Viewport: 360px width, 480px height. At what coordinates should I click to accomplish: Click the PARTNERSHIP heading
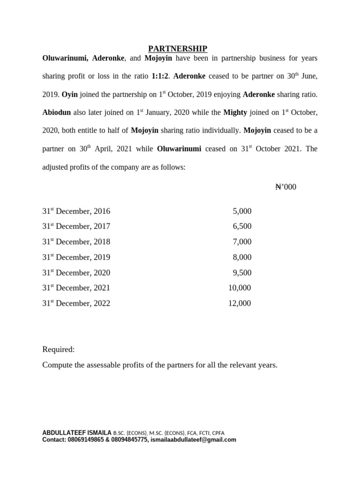[x=178, y=49]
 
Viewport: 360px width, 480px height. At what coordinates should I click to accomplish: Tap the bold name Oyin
[x=70, y=94]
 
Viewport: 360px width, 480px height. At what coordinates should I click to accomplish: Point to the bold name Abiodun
[x=58, y=112]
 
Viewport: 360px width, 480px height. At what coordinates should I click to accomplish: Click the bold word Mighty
[x=235, y=112]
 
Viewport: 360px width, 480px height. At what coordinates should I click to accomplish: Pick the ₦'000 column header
[x=285, y=187]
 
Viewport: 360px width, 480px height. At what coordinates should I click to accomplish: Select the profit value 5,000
[x=242, y=211]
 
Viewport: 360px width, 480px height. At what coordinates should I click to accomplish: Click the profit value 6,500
[x=242, y=226]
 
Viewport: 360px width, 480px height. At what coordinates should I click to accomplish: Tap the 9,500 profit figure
[x=242, y=273]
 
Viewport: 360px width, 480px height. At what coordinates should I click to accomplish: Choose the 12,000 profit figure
[x=240, y=303]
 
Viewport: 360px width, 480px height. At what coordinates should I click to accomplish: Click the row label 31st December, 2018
[x=76, y=242]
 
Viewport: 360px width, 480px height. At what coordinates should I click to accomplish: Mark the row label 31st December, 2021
[x=76, y=288]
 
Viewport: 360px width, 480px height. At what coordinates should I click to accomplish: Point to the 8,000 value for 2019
[x=242, y=257]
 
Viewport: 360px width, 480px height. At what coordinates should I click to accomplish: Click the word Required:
[x=59, y=350]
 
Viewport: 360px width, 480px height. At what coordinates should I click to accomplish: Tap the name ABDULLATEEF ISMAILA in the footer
[x=77, y=433]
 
